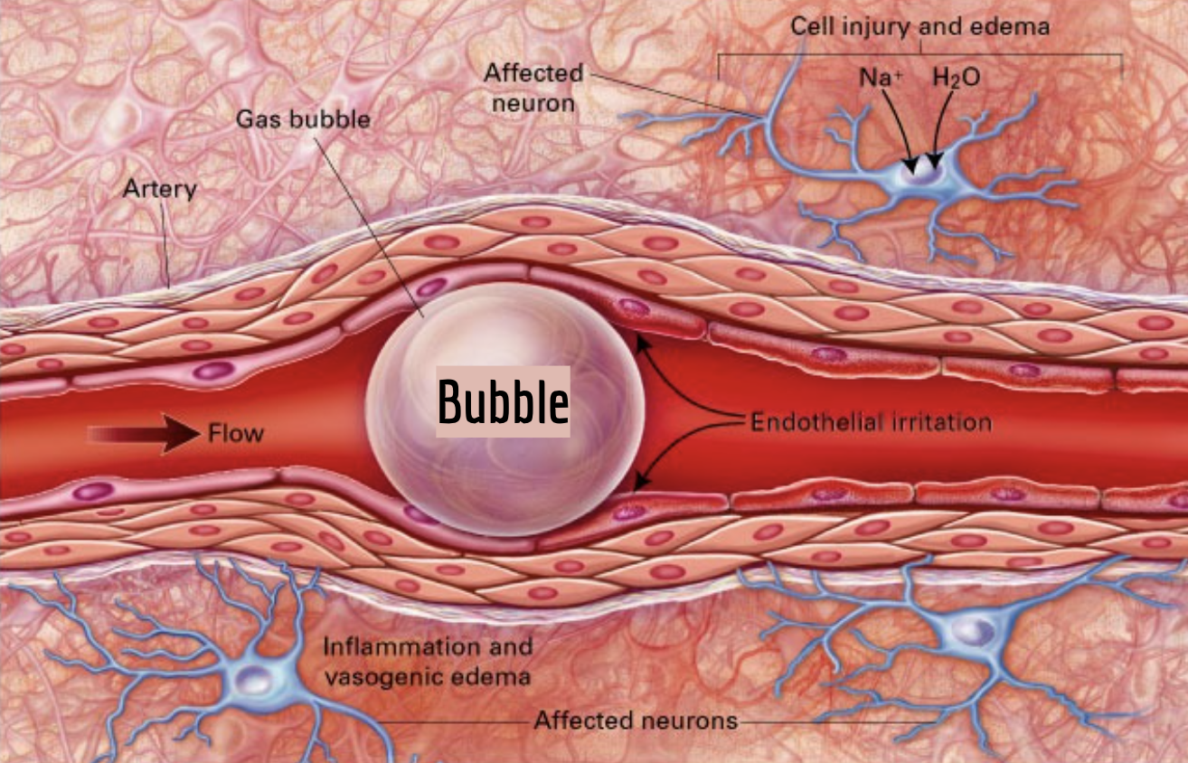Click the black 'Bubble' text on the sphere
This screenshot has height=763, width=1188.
[503, 401]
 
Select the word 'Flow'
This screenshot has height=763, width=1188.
[235, 433]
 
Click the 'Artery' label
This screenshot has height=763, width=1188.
[160, 189]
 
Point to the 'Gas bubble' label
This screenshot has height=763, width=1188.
[304, 119]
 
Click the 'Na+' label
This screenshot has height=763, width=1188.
[881, 78]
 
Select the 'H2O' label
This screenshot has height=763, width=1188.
[957, 78]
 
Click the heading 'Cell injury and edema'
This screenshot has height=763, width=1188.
[919, 26]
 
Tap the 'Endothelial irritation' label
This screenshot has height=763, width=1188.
[872, 422]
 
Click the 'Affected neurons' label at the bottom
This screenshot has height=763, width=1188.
[636, 720]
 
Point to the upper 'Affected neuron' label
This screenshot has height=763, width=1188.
[533, 88]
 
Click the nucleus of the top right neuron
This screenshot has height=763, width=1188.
[922, 173]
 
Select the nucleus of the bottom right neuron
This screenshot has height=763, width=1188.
[973, 632]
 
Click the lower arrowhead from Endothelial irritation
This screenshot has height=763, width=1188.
[642, 482]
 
